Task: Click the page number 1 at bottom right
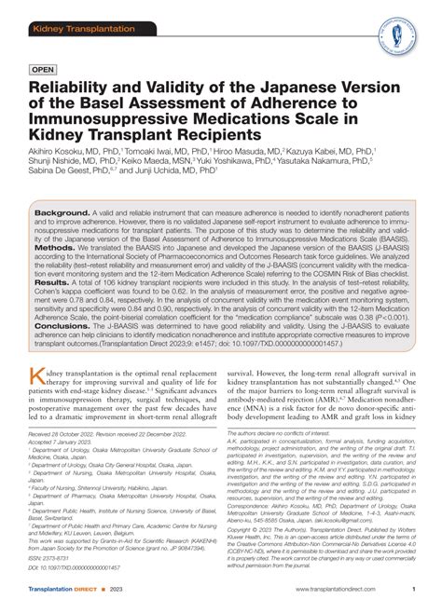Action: (x=413, y=591)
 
